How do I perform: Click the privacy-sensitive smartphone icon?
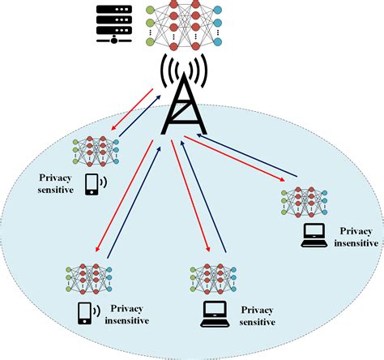[92, 185]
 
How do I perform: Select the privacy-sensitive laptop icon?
[213, 311]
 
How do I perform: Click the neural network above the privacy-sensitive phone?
[96, 150]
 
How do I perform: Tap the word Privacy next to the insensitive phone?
[129, 309]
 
